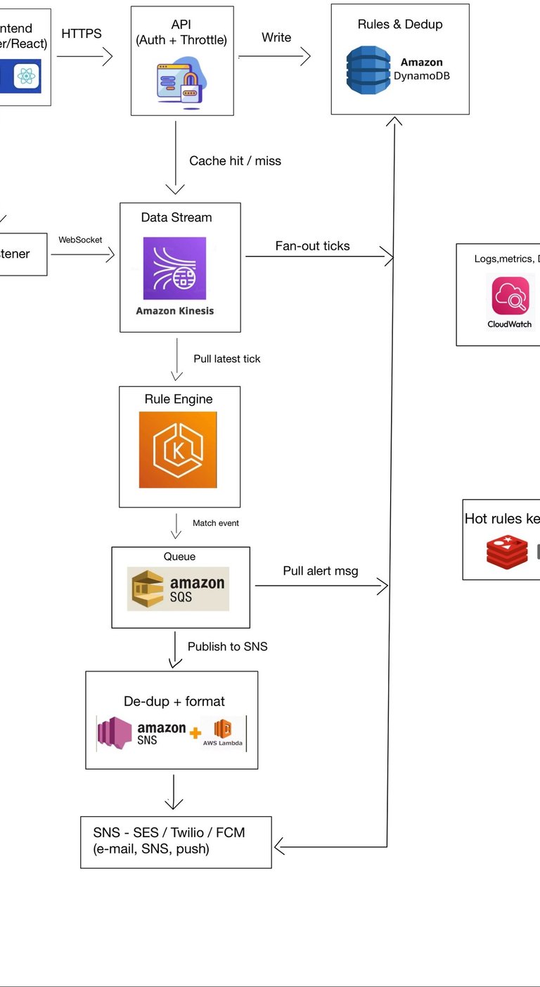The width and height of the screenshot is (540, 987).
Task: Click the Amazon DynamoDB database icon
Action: pos(368,70)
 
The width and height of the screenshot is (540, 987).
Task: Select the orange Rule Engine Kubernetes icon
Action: pos(178,450)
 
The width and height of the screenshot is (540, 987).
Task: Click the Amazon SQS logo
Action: pos(178,588)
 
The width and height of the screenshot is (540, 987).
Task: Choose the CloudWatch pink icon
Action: pos(510,296)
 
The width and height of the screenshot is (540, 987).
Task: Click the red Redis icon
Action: pos(507,551)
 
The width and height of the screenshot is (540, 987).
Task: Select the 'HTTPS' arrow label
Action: pos(82,34)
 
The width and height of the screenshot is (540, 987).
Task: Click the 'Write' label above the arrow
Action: pos(276,37)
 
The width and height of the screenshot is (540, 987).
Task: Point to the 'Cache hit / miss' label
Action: pos(235,161)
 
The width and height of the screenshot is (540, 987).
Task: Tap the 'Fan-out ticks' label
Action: pos(312,246)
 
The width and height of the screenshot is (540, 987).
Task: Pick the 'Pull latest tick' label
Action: pos(226,359)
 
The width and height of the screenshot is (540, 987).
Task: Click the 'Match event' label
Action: pos(216,523)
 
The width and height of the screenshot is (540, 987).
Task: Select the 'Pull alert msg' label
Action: pos(320,571)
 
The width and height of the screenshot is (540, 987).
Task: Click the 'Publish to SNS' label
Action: pos(227,646)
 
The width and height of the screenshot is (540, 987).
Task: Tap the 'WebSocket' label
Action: pos(80,240)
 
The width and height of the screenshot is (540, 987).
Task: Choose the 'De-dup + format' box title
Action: pos(174,701)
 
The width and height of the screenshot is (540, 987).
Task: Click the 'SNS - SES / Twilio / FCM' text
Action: pos(169,832)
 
